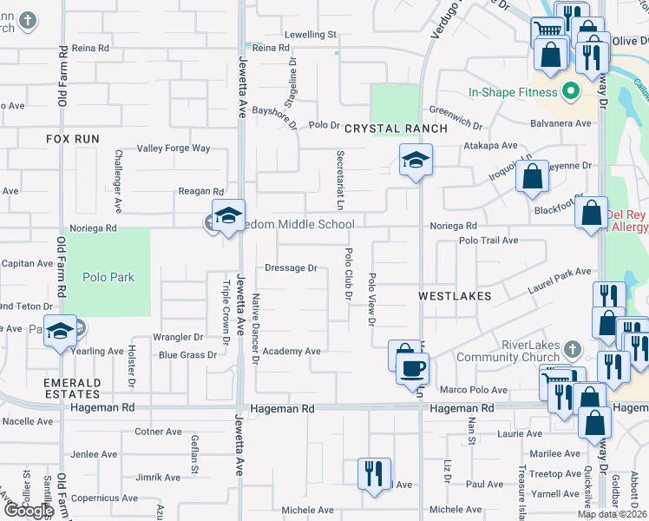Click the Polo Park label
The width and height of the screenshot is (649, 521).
click(107, 278)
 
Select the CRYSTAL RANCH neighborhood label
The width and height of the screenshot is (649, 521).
click(396, 129)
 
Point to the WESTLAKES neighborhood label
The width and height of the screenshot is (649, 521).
click(455, 296)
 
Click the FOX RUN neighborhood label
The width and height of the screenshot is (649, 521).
click(73, 139)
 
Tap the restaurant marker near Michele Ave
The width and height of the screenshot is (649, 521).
click(374, 474)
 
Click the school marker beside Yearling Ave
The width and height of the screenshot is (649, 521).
click(60, 331)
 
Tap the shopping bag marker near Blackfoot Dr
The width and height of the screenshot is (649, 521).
click(591, 214)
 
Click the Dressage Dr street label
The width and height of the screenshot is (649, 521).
click(290, 268)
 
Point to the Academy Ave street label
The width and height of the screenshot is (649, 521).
click(292, 352)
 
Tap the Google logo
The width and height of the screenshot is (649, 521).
click(28, 511)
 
